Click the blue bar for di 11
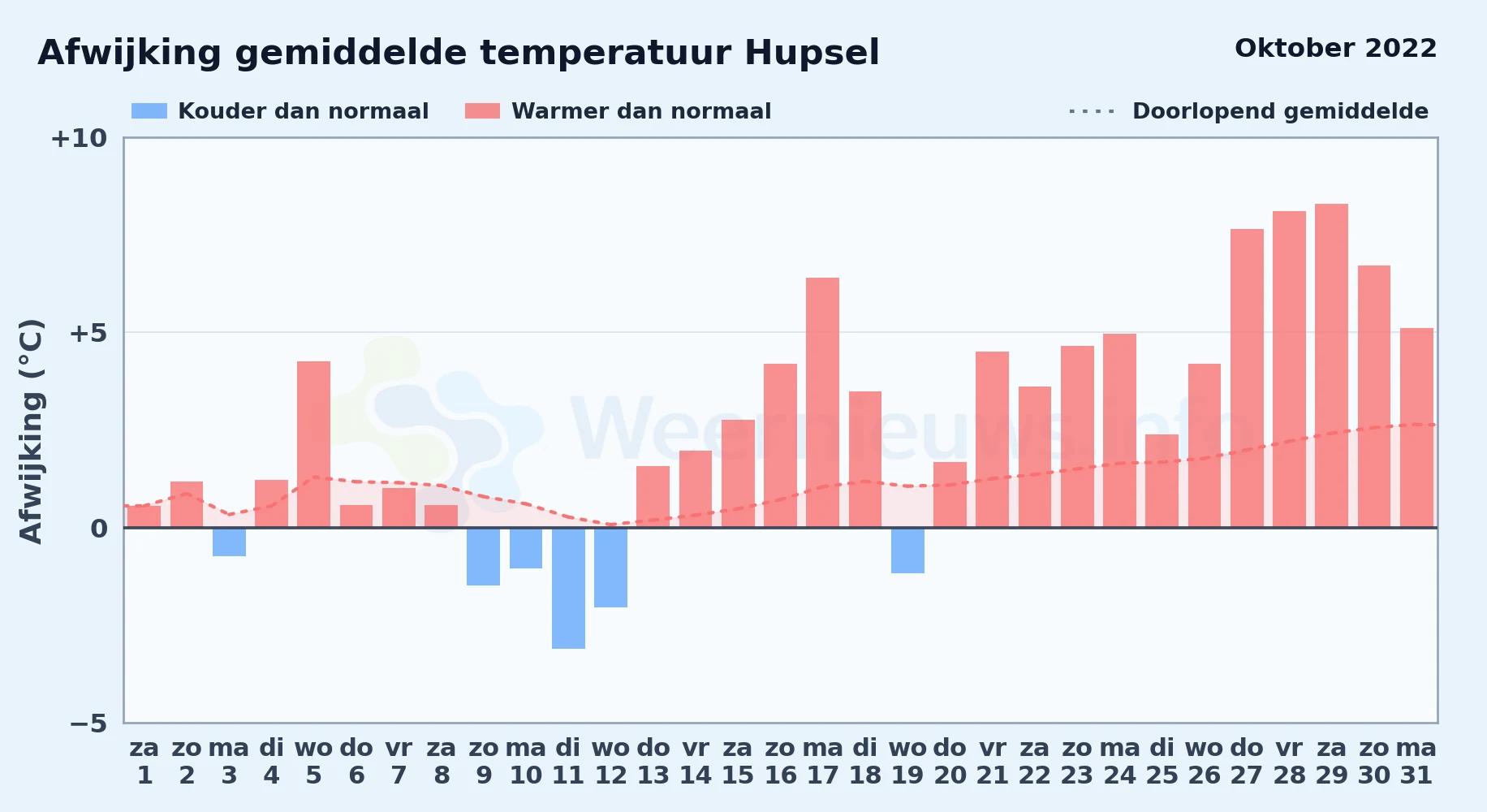568,588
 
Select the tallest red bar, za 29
1331,365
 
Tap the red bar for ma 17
822,403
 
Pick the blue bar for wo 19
907,551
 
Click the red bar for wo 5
313,444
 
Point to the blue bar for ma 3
229,542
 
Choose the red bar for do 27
1247,378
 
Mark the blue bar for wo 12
610,568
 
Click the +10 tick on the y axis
79,138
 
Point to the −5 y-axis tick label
88,723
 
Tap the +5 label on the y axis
88,333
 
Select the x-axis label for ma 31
1416,762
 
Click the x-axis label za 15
738,762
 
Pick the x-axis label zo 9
484,762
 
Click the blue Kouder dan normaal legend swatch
149,111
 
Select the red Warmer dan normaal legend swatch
482,111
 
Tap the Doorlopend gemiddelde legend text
1280,111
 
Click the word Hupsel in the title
812,54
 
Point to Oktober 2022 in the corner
1336,48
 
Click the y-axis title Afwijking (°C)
31,430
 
